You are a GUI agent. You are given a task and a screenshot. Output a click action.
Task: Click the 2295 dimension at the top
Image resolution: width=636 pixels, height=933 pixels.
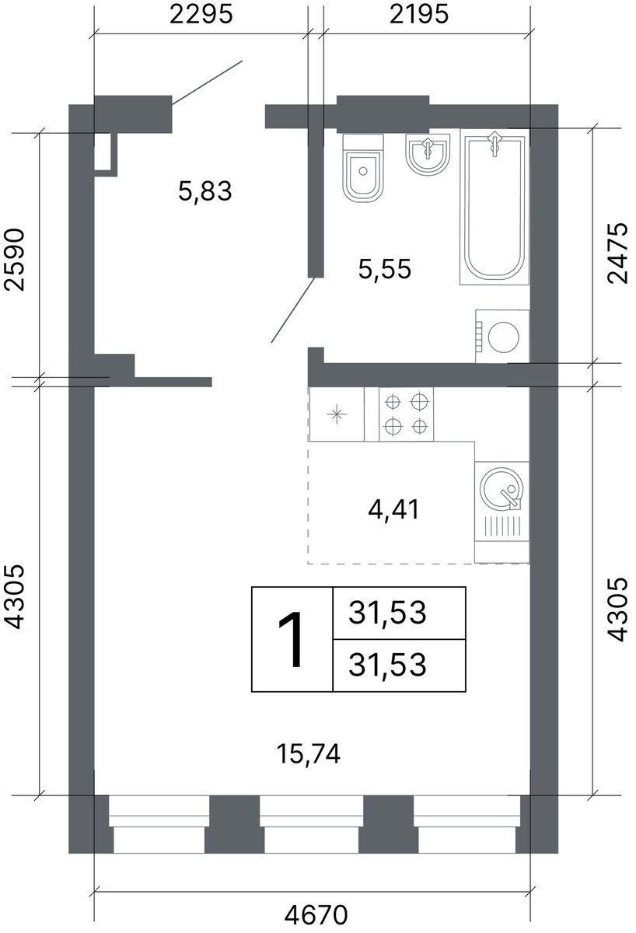[201, 15]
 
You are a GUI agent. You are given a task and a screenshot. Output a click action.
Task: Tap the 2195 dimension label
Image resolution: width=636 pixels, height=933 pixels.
[419, 15]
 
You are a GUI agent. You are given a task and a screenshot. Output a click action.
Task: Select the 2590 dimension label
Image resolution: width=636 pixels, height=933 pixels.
[15, 260]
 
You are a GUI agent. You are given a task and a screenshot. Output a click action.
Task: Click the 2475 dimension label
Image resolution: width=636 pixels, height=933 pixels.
[617, 253]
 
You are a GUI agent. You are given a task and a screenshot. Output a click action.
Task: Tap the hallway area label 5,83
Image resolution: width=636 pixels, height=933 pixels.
[205, 192]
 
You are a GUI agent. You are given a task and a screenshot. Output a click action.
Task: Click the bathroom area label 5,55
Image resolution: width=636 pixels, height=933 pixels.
[385, 269]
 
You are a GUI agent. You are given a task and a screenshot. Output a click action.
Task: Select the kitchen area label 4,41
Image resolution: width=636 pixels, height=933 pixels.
[393, 509]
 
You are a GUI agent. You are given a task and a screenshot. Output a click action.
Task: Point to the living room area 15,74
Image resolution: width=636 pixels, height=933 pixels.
[309, 753]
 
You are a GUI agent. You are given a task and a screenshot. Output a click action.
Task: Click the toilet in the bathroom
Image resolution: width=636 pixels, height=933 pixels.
[362, 168]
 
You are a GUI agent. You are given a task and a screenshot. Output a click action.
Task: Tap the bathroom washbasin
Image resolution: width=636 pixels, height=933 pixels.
[428, 154]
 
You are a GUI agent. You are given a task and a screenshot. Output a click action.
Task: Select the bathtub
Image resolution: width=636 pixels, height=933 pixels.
[494, 207]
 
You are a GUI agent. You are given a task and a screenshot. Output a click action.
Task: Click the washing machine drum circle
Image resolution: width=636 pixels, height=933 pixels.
[504, 337]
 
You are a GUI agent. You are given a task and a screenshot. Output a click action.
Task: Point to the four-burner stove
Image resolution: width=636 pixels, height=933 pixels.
[406, 414]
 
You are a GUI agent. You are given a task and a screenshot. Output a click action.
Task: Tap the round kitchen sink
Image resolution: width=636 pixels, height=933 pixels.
[501, 488]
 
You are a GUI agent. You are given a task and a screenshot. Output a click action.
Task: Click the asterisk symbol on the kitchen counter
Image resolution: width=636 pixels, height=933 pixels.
[337, 414]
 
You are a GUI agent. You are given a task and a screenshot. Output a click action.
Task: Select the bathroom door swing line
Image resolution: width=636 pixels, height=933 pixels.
[293, 310]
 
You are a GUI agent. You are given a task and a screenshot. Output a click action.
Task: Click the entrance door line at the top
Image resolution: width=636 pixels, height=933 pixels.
[207, 82]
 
